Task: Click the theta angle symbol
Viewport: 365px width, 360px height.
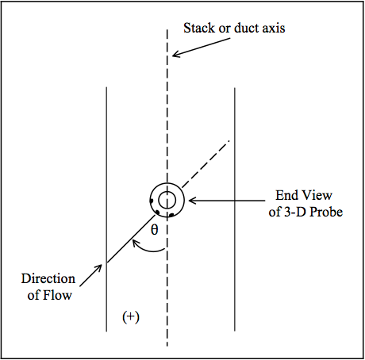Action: (155, 229)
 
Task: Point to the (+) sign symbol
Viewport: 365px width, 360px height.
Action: (131, 317)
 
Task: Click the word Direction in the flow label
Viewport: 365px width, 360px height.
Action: (48, 278)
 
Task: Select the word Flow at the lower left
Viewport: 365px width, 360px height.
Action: (57, 295)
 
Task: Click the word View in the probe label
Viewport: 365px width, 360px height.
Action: (318, 195)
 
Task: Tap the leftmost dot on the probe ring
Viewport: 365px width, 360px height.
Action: (152, 201)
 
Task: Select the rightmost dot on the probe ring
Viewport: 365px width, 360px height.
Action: (171, 216)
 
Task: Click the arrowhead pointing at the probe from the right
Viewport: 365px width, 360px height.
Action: (193, 201)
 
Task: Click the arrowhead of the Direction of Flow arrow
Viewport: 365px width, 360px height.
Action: (98, 268)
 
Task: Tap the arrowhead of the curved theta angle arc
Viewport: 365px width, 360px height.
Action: (136, 243)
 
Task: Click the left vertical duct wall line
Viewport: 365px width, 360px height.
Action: (106, 209)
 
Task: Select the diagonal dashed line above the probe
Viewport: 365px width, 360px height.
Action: (206, 164)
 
